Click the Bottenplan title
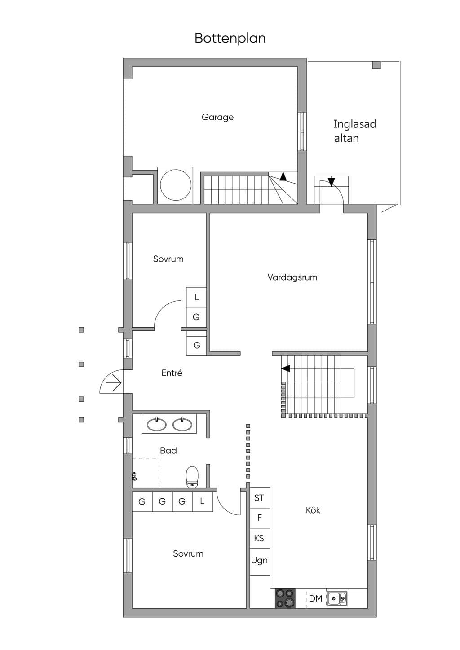pos(230,39)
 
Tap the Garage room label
pos(217,117)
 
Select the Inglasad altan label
pos(354,131)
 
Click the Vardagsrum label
pos(292,277)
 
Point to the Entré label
pos(172,373)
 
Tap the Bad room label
pos(168,450)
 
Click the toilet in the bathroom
pos(192,477)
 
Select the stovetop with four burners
pos(285,598)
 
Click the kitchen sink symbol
pos(337,598)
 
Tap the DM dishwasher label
pos(315,598)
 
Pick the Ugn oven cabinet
pos(260,562)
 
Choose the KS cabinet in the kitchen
pos(260,538)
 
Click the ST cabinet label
pos(259,498)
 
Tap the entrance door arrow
pos(114,383)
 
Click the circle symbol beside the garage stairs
pos(175,185)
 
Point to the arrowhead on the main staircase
pos(286,369)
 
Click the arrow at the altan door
pos(332,182)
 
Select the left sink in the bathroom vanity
pos(156,425)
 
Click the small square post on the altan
pos(376,65)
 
